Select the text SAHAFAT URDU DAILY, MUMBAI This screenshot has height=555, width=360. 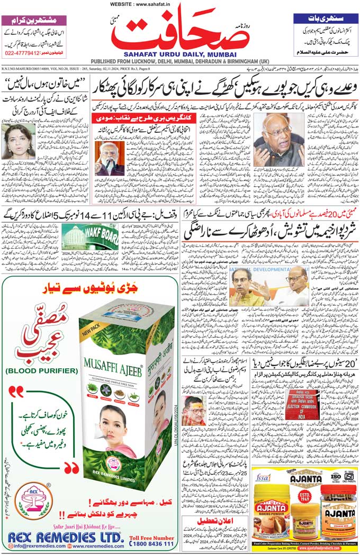coord(181,53)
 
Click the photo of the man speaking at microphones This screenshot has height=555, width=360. coord(110,158)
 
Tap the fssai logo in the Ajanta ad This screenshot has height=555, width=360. coord(265,478)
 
